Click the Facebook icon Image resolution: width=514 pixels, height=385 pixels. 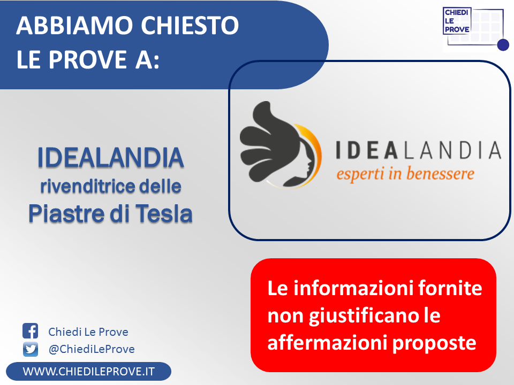pyautogui.click(x=30, y=330)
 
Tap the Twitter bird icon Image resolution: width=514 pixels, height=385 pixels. pyautogui.click(x=31, y=349)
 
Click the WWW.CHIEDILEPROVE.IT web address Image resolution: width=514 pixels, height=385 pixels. pyautogui.click(x=88, y=372)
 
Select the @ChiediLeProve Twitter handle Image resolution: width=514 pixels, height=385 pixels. pyautogui.click(x=92, y=349)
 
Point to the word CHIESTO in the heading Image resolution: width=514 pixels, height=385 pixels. pyautogui.click(x=190, y=25)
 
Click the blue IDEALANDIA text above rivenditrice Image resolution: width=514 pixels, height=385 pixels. pyautogui.click(x=110, y=157)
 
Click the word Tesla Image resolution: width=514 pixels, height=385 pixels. pyautogui.click(x=164, y=213)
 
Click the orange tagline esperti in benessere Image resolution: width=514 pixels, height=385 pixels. pyautogui.click(x=405, y=173)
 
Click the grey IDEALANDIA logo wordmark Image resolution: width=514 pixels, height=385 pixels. pyautogui.click(x=419, y=150)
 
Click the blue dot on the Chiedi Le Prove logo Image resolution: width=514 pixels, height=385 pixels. pyautogui.click(x=503, y=44)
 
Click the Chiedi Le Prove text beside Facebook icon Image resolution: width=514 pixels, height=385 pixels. pyautogui.click(x=88, y=332)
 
